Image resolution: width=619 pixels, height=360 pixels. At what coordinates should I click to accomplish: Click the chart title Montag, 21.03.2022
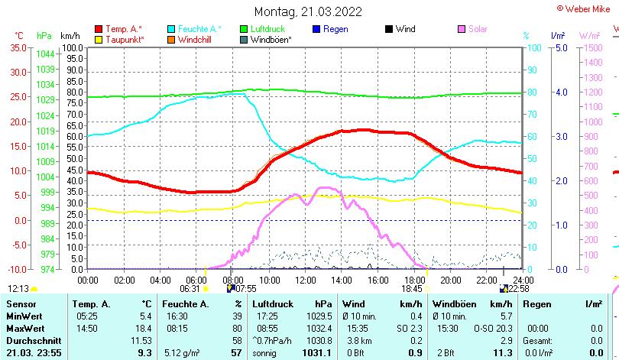[308, 11]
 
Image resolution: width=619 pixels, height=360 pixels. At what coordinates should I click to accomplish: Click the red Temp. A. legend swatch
[99, 29]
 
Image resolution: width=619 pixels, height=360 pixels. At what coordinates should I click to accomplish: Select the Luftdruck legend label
[267, 29]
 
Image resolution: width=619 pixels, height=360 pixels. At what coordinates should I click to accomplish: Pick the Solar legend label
[478, 29]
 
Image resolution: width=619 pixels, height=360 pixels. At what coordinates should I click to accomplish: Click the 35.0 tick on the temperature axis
[17, 47]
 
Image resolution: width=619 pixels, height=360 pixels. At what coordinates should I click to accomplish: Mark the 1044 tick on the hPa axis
[45, 54]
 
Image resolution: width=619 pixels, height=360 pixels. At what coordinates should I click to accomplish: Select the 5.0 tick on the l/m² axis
[559, 47]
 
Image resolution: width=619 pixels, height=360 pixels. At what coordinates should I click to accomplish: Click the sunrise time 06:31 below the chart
[190, 288]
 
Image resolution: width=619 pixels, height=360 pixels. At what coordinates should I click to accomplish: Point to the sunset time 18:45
[412, 288]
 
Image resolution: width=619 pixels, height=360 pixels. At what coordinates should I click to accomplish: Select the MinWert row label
[24, 316]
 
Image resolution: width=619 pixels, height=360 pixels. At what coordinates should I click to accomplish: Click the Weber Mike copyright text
[586, 8]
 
